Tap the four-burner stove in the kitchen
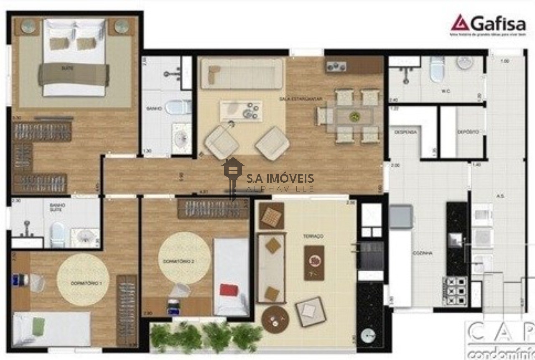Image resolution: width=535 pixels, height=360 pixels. pos(456,290)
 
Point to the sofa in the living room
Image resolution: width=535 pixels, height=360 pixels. pos(242,73)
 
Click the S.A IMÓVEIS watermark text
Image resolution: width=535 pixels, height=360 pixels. pos(280,179)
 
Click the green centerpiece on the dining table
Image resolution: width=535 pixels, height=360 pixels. pos(354,115)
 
